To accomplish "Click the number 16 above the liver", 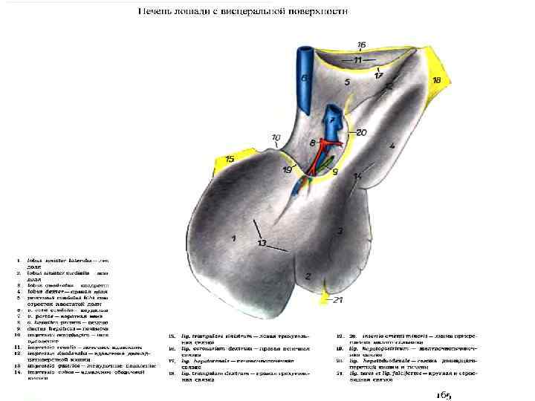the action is point(362,45).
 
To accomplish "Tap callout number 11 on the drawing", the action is point(357,59).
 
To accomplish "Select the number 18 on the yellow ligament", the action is point(436,79).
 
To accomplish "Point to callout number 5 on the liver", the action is point(346,82).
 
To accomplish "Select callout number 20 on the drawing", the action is point(361,133).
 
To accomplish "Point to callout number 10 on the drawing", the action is point(276,137).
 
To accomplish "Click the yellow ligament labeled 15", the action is point(230,159).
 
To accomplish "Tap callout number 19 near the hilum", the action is point(288,170).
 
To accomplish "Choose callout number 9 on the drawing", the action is point(334,172).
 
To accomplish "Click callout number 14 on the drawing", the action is point(357,176).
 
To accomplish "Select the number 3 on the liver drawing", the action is point(340,231).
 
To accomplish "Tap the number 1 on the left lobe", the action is point(233,238).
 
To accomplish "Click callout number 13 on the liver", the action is point(262,243).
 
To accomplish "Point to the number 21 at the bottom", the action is point(339,300).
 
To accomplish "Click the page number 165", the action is point(444,394).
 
